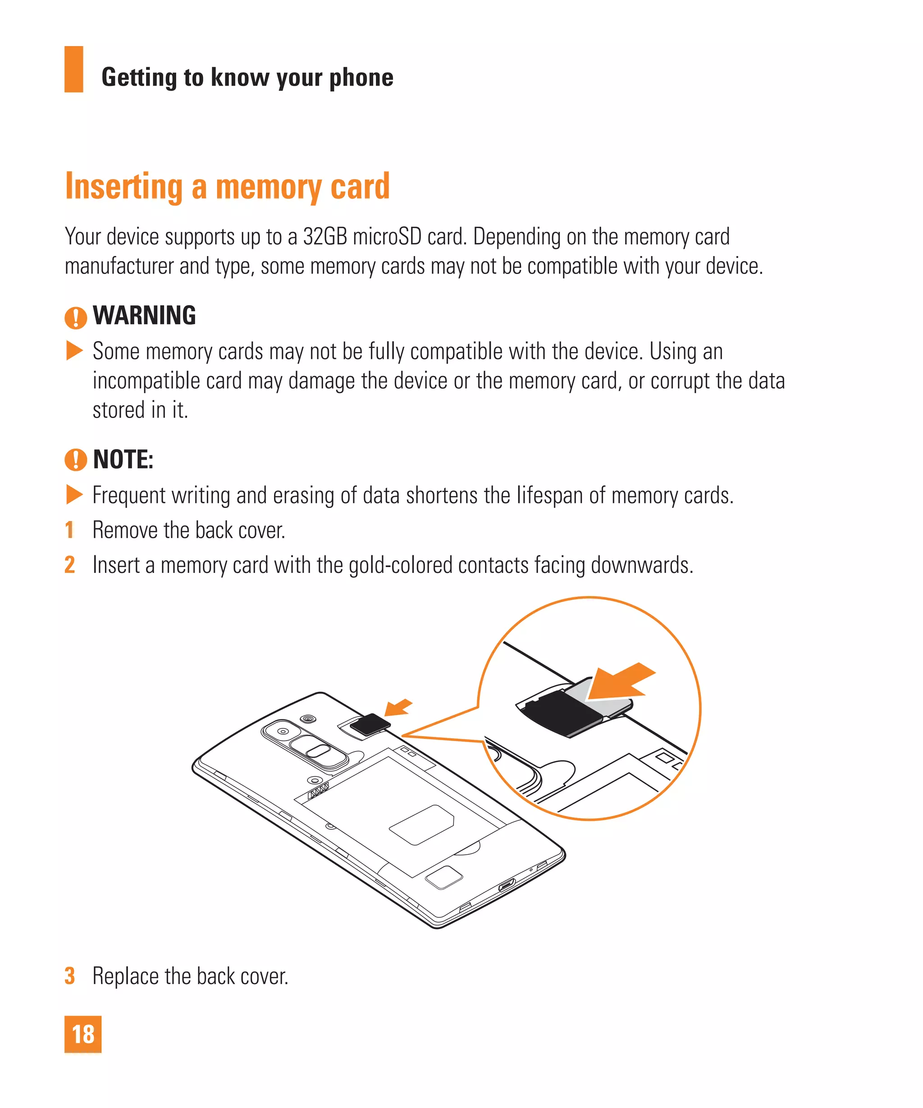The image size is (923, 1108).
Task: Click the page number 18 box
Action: (83, 1034)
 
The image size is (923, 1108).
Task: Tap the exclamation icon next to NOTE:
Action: (75, 459)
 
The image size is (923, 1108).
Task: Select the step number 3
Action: (69, 976)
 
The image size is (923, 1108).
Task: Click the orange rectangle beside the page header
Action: (74, 69)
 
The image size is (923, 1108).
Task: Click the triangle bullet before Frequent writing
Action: (74, 494)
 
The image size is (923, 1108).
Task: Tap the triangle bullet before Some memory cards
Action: (74, 350)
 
